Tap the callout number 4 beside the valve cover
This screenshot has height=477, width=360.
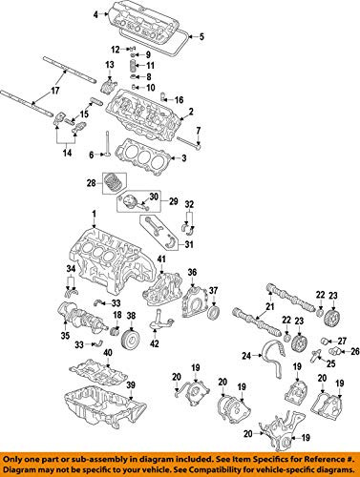coord(95,14)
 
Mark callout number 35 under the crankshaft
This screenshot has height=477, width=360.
coord(67,337)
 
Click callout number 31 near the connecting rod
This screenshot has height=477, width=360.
coord(187,244)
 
